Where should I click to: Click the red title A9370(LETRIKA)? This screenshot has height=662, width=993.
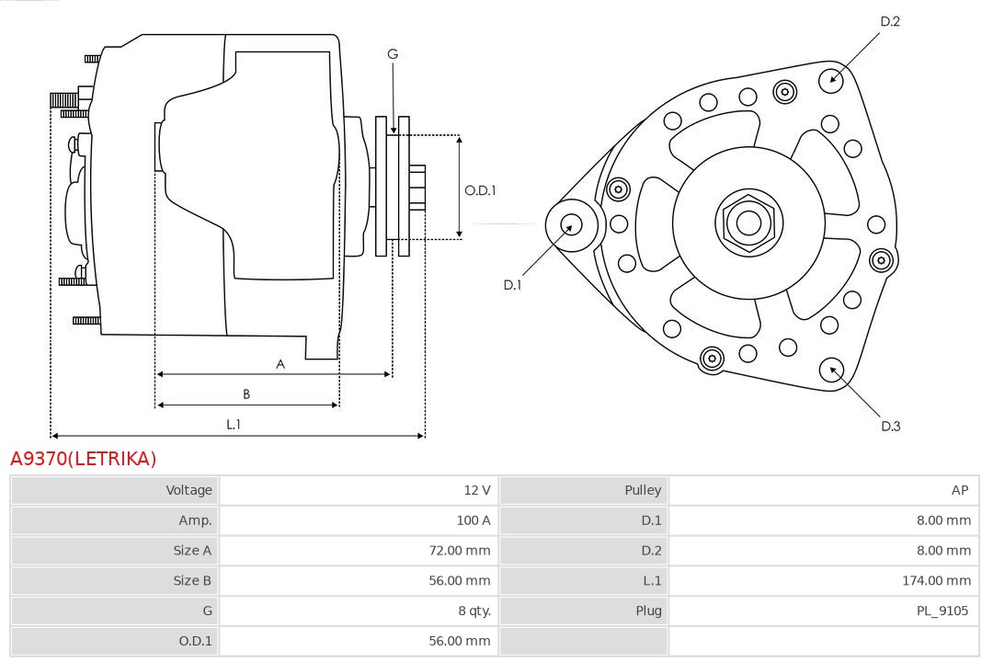(x=84, y=459)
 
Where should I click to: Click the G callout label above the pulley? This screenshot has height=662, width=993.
(x=393, y=54)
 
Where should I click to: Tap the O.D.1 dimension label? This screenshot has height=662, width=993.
(x=480, y=190)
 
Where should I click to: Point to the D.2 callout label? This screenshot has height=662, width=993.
(x=890, y=21)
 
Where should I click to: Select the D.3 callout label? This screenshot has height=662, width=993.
(x=890, y=426)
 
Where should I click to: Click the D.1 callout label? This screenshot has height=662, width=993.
(x=512, y=285)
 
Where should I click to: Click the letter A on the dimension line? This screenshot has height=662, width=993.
(x=280, y=364)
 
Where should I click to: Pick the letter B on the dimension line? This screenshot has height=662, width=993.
(x=246, y=394)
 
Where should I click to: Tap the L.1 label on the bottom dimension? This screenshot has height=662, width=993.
(x=234, y=425)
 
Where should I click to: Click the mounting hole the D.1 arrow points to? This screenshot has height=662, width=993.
(x=571, y=223)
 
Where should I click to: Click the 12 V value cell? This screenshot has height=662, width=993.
(x=477, y=490)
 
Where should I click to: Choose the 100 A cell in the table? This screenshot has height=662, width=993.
(x=474, y=520)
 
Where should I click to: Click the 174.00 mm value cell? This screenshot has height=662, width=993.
(x=936, y=580)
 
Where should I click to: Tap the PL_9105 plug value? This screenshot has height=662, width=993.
(x=942, y=611)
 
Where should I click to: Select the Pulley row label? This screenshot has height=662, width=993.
(x=642, y=490)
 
